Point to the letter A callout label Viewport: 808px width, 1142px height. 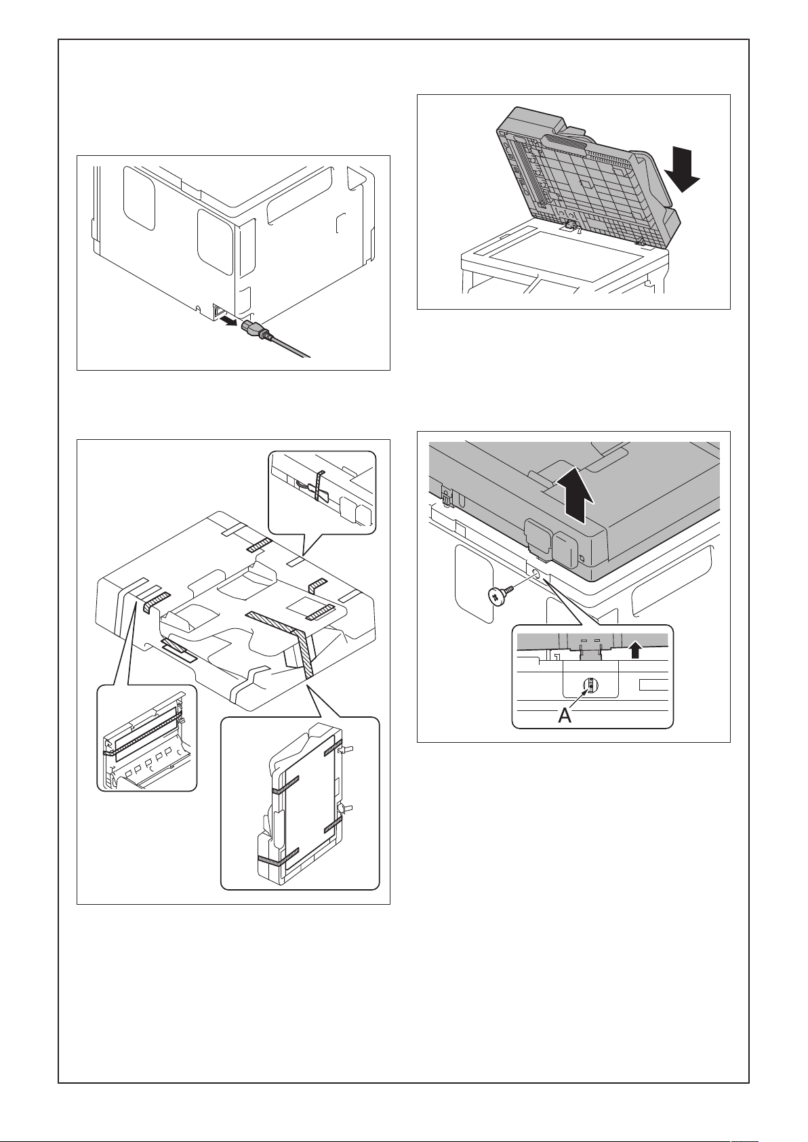coord(565,716)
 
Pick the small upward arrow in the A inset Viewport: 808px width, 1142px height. coord(634,650)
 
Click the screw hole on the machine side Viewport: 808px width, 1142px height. coord(535,573)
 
